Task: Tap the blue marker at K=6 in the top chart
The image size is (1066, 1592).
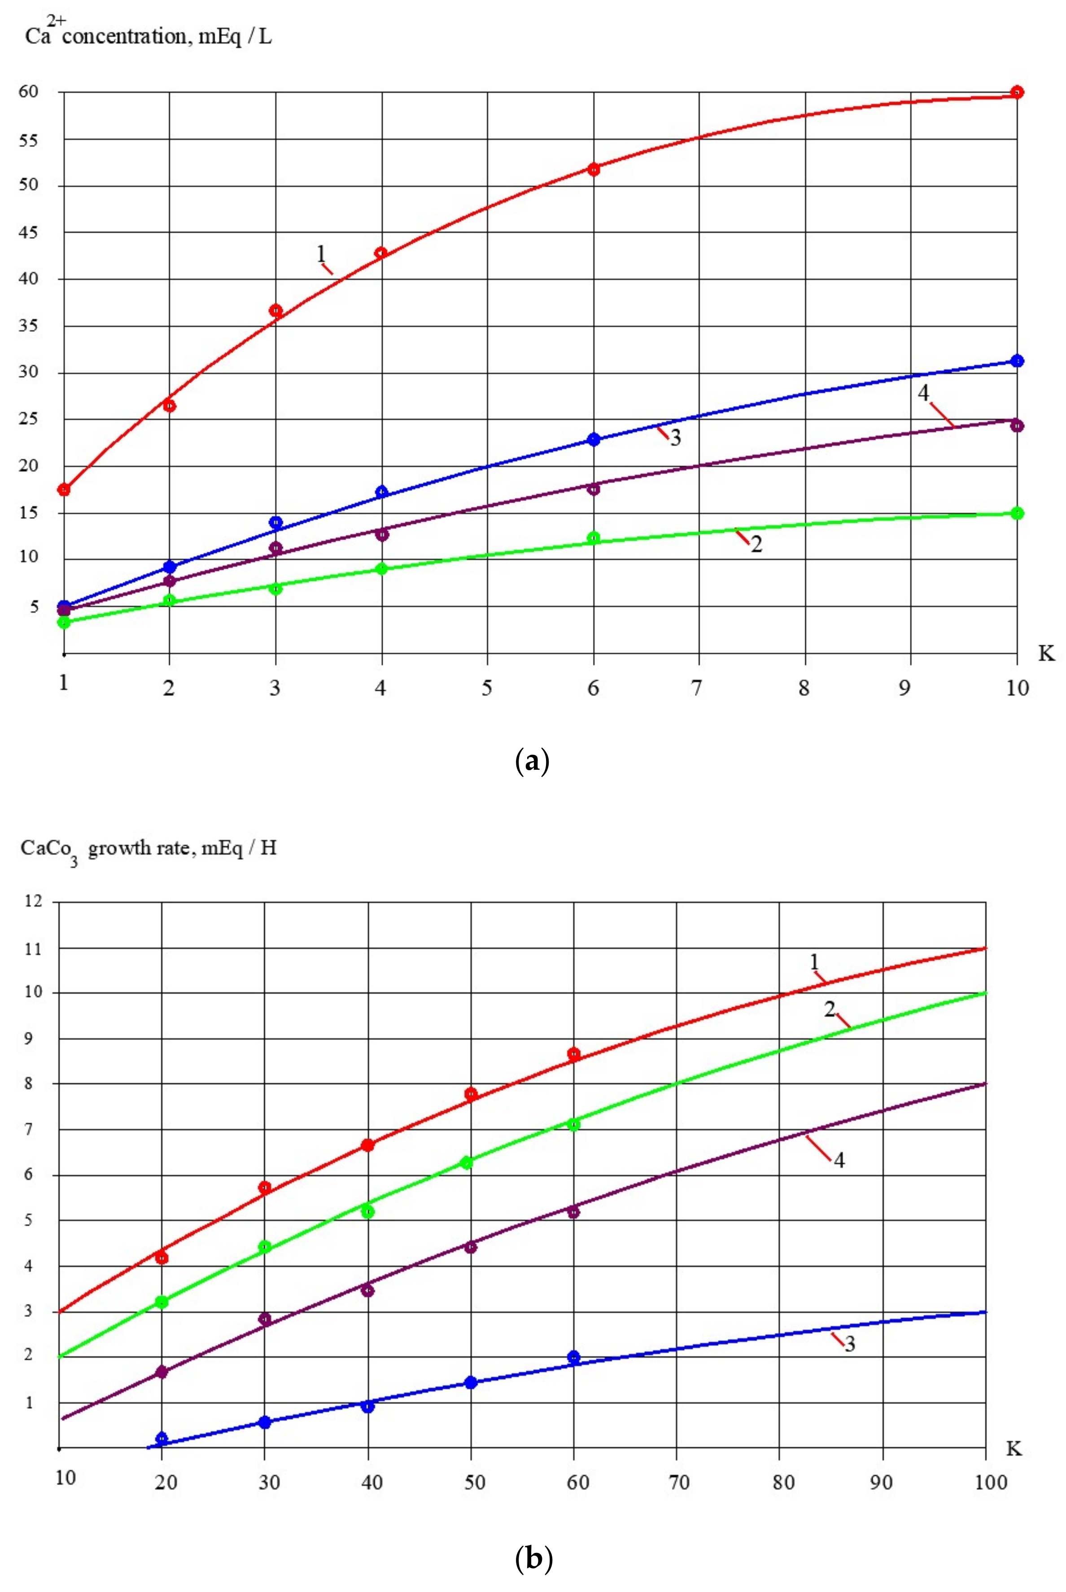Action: coord(594,439)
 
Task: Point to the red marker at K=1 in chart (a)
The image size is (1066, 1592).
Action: coord(64,490)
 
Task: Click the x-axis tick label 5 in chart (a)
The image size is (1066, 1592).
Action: coord(487,688)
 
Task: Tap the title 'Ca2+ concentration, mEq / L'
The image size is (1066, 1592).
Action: coord(148,34)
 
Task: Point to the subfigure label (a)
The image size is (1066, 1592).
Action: coord(532,760)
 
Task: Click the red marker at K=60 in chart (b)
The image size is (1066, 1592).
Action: coord(574,1054)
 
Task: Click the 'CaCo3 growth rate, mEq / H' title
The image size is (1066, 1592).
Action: coord(148,849)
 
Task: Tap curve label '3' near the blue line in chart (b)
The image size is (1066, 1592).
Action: coord(849,1344)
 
